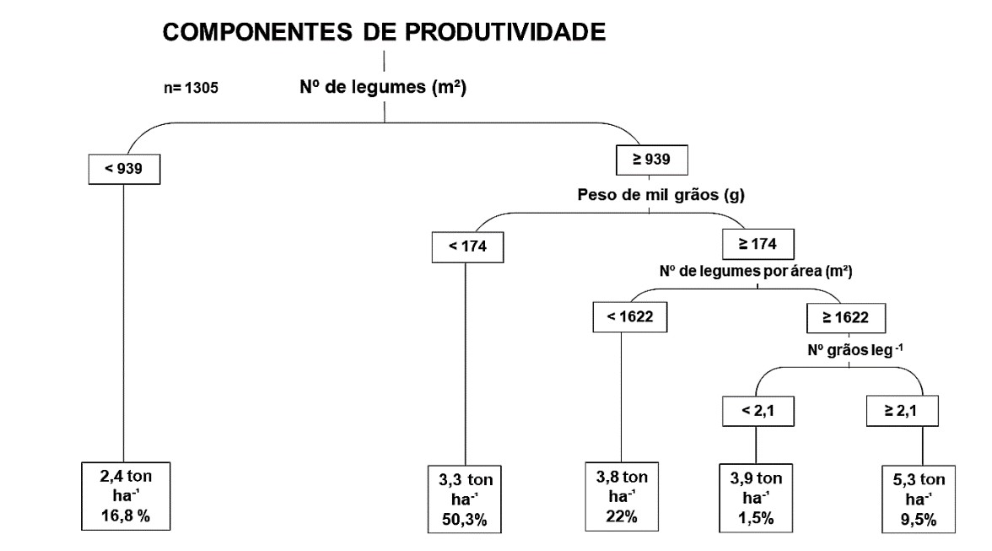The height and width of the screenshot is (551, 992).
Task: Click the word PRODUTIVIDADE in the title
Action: click(x=484, y=31)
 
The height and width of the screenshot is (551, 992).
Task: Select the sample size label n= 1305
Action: click(x=191, y=87)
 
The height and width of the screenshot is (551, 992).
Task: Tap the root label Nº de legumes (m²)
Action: click(x=383, y=87)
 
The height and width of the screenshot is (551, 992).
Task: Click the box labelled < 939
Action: click(x=124, y=169)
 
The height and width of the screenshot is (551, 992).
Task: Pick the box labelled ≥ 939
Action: click(x=651, y=159)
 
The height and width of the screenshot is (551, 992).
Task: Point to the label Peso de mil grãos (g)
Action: click(x=661, y=194)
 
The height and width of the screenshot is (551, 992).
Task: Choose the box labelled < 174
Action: click(x=467, y=246)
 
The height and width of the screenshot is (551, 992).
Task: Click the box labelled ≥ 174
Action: click(x=757, y=244)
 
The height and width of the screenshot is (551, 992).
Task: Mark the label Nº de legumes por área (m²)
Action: click(x=756, y=272)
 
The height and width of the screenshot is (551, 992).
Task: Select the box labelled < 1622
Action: click(x=629, y=317)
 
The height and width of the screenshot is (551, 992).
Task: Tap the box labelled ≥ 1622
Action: click(x=846, y=317)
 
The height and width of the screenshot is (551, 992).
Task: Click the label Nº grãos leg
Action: click(x=855, y=350)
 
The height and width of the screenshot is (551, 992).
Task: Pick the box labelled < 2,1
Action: click(x=757, y=411)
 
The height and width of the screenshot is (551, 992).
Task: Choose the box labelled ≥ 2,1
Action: click(x=902, y=411)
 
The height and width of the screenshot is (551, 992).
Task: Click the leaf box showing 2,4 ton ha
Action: click(x=126, y=496)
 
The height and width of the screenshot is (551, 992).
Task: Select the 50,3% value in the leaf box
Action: click(x=464, y=520)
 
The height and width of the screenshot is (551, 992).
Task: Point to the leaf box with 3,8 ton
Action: click(x=622, y=496)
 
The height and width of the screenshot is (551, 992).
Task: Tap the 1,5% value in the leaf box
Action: click(x=756, y=518)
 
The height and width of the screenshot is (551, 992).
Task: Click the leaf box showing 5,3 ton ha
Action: click(x=919, y=500)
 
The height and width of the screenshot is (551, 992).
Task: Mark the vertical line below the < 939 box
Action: click(x=123, y=323)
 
